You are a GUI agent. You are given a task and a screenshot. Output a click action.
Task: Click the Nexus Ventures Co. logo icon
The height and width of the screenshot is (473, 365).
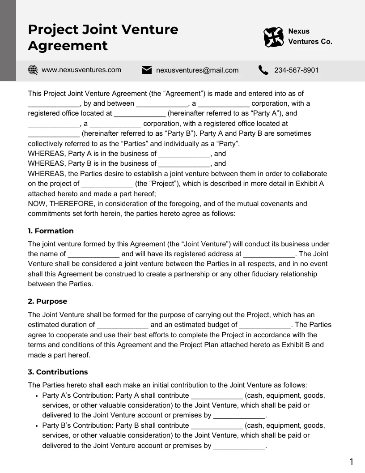pyautogui.click(x=273, y=37)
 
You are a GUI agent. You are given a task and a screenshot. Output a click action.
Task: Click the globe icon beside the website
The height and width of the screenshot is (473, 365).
pyautogui.click(x=33, y=70)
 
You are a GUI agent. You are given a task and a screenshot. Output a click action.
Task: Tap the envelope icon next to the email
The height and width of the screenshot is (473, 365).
pyautogui.click(x=146, y=70)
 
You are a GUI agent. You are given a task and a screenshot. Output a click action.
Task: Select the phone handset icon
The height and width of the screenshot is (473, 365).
pyautogui.click(x=263, y=70)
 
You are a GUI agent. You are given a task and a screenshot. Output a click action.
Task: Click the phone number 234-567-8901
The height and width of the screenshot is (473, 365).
pyautogui.click(x=296, y=70)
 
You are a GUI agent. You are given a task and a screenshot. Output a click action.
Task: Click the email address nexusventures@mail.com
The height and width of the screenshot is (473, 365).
pyautogui.click(x=197, y=70)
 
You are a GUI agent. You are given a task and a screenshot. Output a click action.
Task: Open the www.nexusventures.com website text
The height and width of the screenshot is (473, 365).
pyautogui.click(x=81, y=70)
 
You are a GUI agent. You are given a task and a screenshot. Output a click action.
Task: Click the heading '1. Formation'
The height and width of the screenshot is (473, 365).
pyautogui.click(x=51, y=231)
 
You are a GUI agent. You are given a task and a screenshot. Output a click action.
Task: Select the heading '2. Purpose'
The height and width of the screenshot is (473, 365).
pyautogui.click(x=47, y=301)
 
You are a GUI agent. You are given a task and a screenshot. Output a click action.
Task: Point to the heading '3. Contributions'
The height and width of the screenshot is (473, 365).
pyautogui.click(x=58, y=372)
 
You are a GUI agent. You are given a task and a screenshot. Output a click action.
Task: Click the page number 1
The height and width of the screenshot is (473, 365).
pyautogui.click(x=351, y=462)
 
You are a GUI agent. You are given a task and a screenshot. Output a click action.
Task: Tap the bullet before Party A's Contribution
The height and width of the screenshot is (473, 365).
pyautogui.click(x=36, y=396)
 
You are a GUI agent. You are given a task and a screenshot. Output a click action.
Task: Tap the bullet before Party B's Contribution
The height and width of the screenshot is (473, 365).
pyautogui.click(x=36, y=426)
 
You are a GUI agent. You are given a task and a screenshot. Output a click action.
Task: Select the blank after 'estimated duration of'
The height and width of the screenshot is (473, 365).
pyautogui.click(x=123, y=325)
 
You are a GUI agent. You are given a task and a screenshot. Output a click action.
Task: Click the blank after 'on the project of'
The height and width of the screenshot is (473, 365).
pyautogui.click(x=107, y=184)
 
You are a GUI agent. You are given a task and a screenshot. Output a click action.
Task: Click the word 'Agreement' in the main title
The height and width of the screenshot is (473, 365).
pyautogui.click(x=68, y=46)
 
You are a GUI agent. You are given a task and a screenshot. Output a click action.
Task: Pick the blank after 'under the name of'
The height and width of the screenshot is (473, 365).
pyautogui.click(x=93, y=254)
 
